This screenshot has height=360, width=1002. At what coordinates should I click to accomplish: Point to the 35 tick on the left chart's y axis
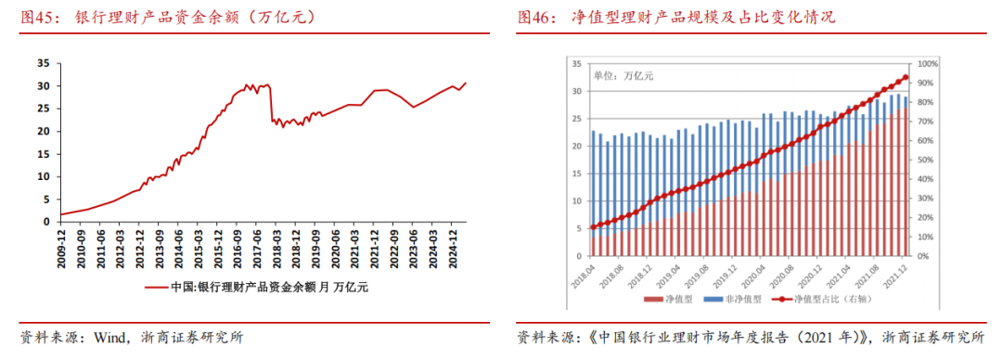click(42, 63)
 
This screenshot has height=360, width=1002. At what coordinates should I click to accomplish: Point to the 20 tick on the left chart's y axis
click(42, 131)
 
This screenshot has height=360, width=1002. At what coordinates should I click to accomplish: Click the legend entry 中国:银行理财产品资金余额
click(256, 288)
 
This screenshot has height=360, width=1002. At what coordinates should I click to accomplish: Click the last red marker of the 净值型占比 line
click(906, 78)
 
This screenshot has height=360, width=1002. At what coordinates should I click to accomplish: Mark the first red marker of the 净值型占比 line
click(592, 227)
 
